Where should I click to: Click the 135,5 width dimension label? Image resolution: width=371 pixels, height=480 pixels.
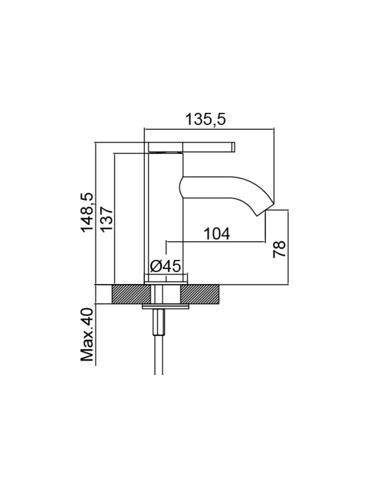coord(205,119)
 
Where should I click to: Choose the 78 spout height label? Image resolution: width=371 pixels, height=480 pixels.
coord(279,249)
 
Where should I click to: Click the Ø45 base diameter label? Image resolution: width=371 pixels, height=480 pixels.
coord(165,266)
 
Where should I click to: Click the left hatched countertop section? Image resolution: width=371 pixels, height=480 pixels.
coord(132,294)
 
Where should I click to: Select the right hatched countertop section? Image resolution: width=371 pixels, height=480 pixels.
coord(200,294)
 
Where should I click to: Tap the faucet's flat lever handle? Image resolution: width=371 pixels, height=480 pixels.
coord(191,147)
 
